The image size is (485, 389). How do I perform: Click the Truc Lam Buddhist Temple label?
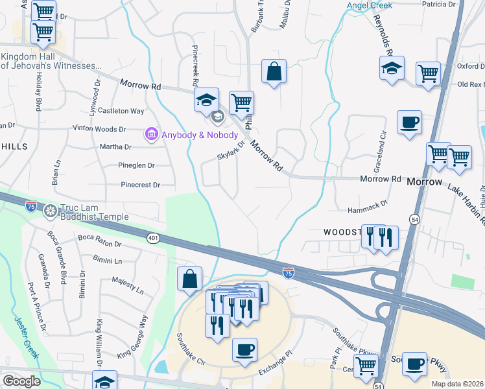tap(95, 212)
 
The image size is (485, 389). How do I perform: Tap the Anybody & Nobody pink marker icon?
tap(151, 134)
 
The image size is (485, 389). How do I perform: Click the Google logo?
tap(21, 381)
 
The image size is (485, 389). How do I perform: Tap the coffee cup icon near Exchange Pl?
tap(244, 350)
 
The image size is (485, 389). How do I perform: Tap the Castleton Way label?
tap(121, 111)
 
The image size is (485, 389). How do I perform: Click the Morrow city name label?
tap(423, 182)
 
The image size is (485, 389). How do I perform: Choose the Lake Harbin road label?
tap(466, 198)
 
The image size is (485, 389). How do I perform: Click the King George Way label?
tap(133, 337)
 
